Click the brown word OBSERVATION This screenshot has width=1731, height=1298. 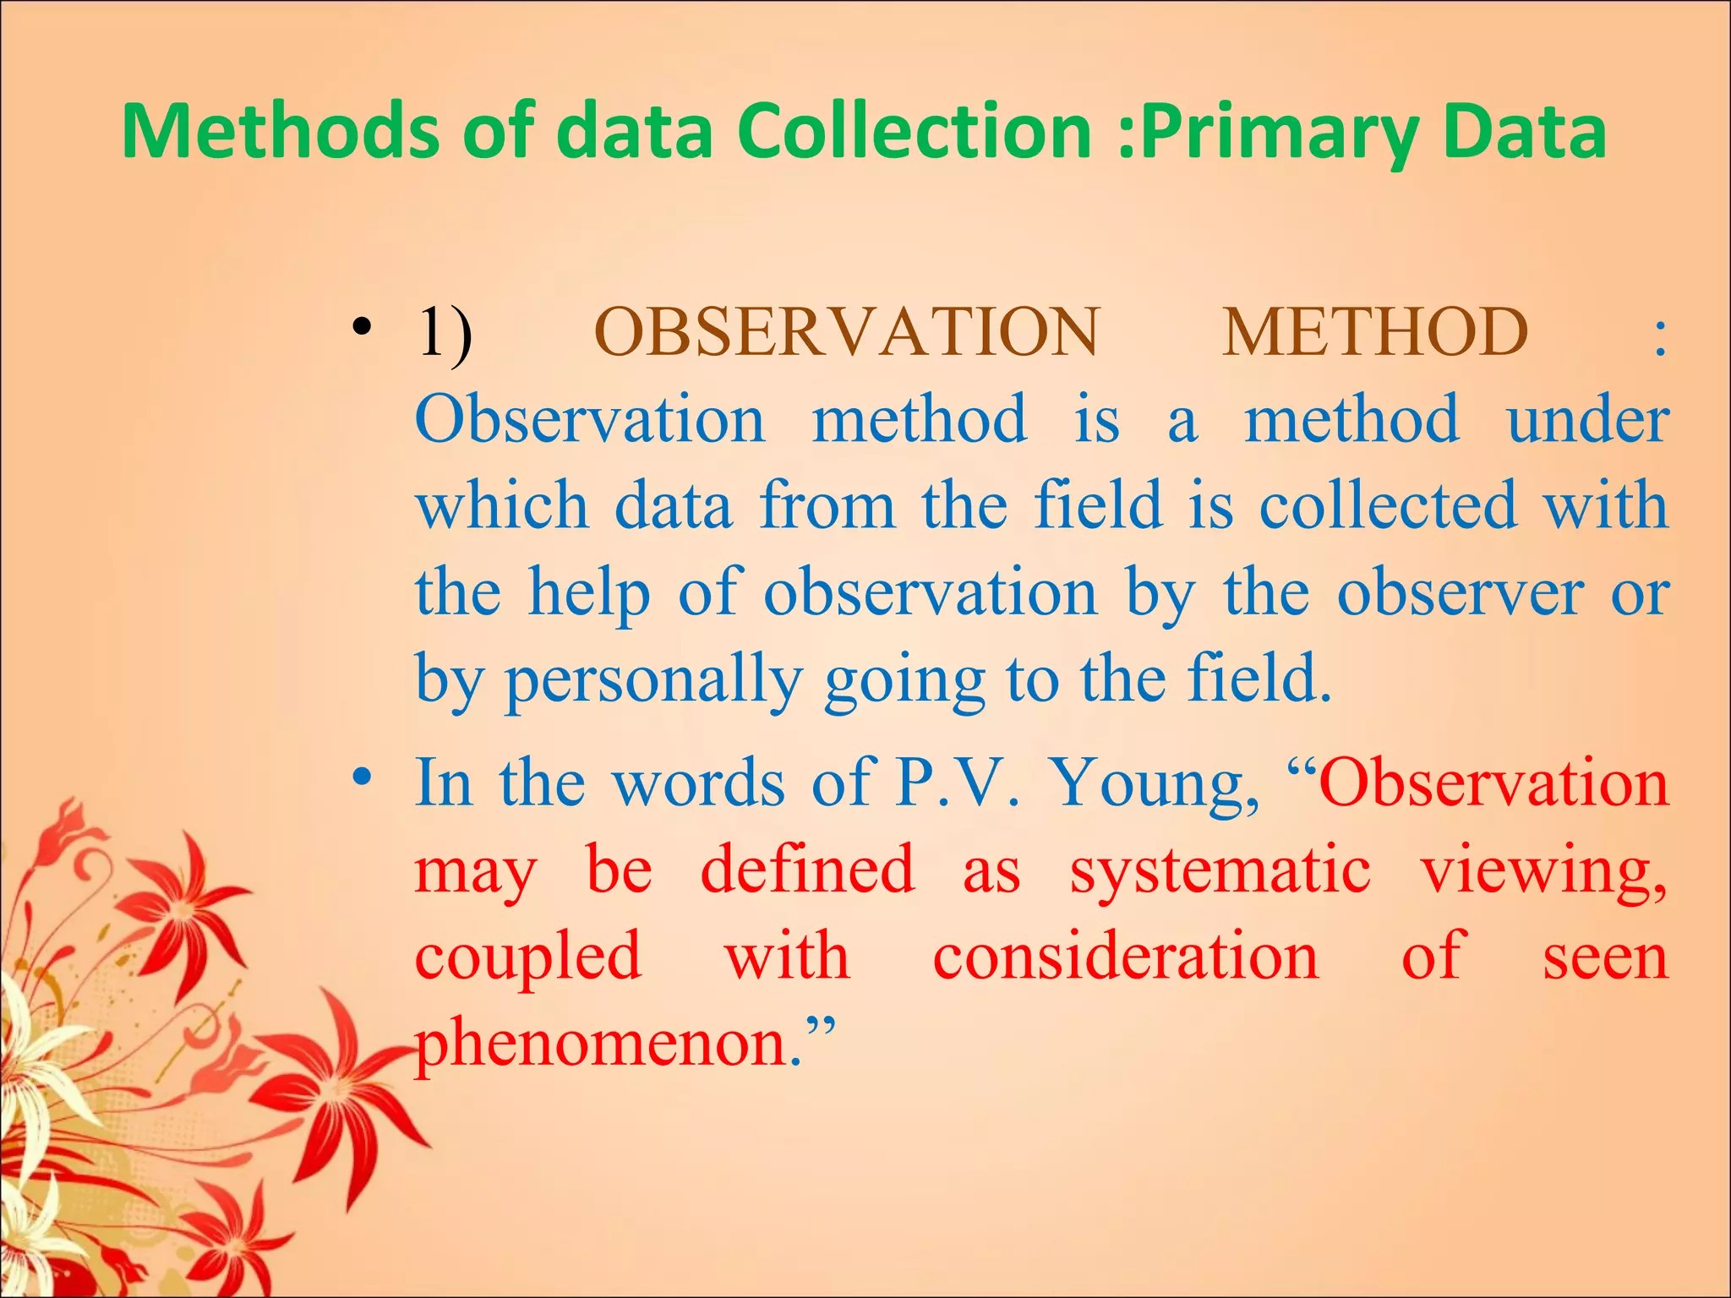click(846, 332)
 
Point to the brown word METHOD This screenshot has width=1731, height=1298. click(1374, 332)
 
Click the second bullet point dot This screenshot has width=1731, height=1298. click(363, 777)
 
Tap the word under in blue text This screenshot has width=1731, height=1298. click(1587, 419)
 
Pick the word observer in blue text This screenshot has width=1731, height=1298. click(1460, 593)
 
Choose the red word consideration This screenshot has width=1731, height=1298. click(1125, 957)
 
